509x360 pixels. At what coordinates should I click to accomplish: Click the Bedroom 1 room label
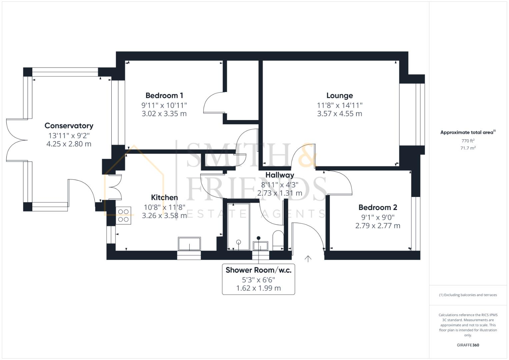(164, 96)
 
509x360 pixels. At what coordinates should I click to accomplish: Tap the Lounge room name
(339, 96)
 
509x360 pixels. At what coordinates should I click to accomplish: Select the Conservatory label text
(69, 126)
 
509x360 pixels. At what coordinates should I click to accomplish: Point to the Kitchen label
(164, 197)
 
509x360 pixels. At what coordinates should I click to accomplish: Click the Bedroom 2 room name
(378, 207)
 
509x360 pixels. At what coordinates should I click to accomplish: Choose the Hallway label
(280, 175)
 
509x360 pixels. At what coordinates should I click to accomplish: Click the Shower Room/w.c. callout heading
(258, 270)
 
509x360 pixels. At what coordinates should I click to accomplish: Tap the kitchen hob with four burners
(123, 216)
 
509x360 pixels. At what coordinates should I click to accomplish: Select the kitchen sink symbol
(189, 244)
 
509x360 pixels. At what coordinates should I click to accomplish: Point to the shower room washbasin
(260, 246)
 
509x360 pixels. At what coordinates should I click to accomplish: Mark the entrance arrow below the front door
(308, 259)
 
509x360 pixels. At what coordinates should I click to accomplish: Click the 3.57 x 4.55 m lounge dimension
(339, 114)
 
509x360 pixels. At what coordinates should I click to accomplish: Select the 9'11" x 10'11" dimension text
(164, 105)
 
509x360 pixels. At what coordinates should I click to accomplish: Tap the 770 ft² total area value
(468, 141)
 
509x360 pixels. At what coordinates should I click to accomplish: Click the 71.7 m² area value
(468, 148)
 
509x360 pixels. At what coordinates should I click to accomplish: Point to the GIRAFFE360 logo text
(468, 345)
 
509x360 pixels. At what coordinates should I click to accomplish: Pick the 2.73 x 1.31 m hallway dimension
(280, 193)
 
